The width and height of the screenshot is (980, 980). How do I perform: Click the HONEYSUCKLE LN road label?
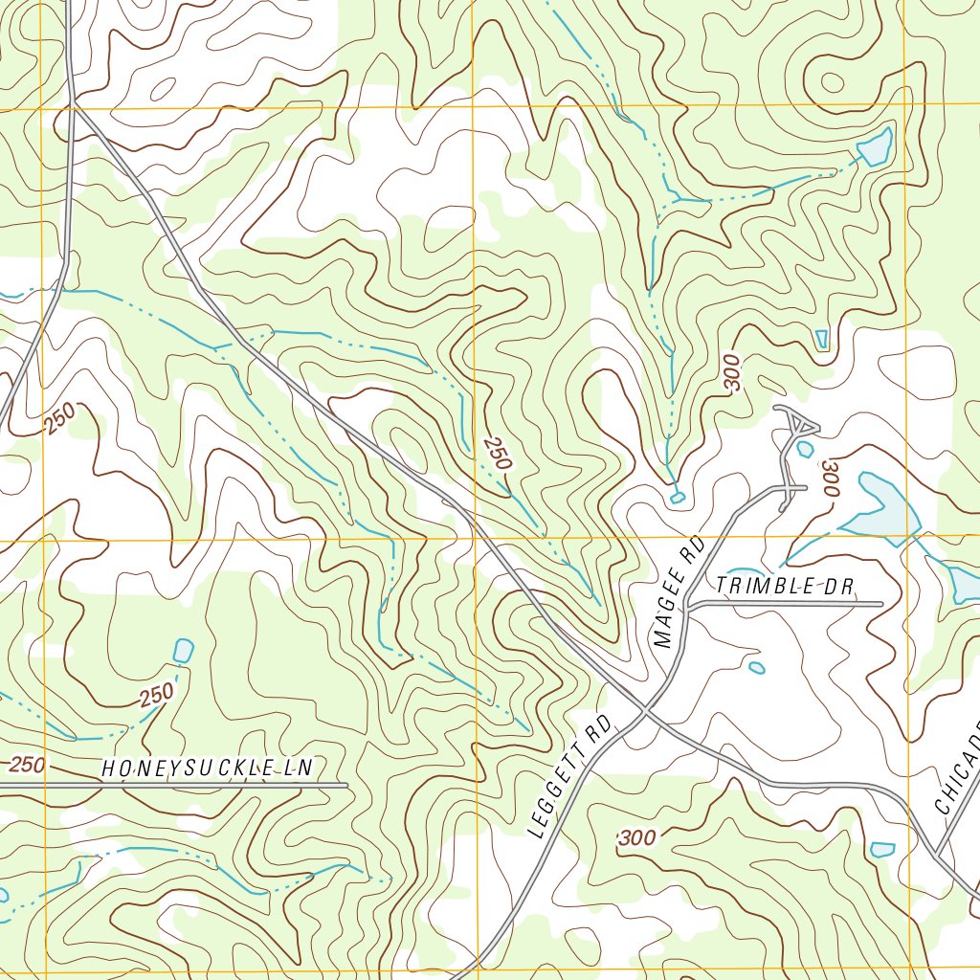tap(208, 768)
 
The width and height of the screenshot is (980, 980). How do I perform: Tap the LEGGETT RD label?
tap(569, 776)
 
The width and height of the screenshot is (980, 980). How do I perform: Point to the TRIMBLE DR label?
tap(784, 586)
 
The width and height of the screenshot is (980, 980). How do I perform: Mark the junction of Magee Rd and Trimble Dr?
tap(688, 605)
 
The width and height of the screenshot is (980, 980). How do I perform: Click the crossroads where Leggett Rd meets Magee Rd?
tap(648, 710)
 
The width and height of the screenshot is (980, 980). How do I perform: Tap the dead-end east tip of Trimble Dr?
tap(881, 604)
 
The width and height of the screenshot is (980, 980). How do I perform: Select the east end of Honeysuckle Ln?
tap(346, 785)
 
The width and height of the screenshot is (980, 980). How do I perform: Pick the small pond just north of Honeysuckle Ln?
tap(182, 651)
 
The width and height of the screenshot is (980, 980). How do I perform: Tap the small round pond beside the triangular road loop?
tap(805, 448)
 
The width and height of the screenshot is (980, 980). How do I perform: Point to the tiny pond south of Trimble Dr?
tap(756, 667)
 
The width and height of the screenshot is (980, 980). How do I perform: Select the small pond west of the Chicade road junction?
tap(882, 849)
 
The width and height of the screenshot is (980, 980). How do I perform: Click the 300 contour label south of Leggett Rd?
tap(637, 838)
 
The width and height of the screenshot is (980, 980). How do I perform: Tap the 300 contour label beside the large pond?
tap(830, 477)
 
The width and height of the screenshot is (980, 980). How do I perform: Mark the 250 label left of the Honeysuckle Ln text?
tap(28, 765)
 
